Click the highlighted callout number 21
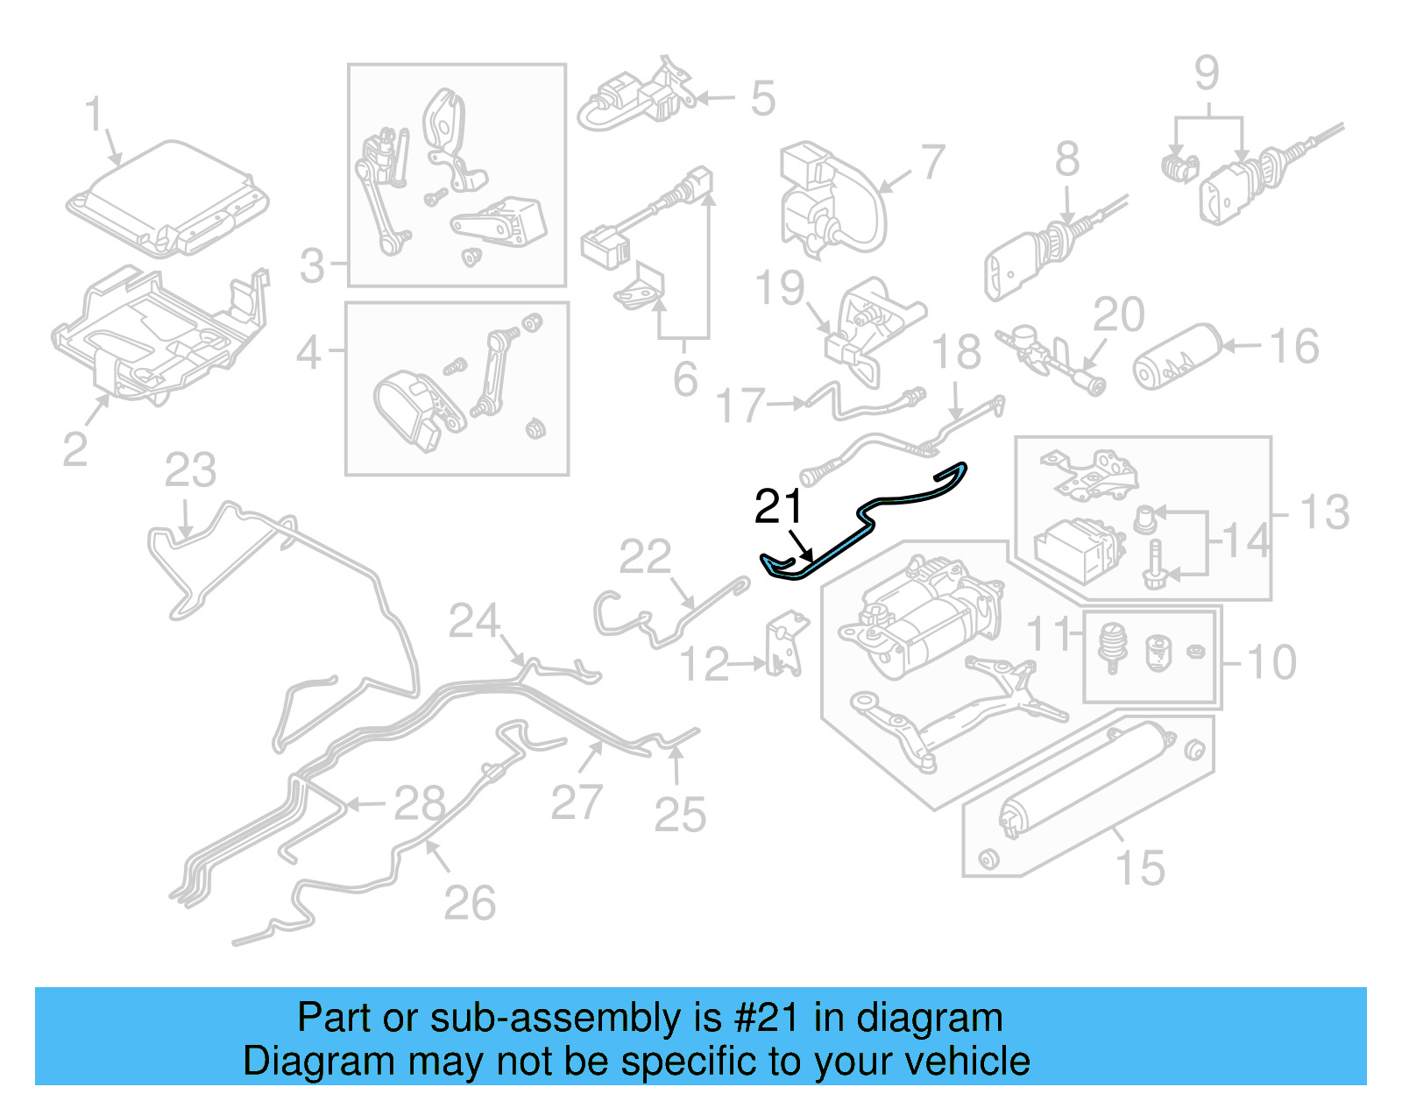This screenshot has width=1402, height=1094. [778, 507]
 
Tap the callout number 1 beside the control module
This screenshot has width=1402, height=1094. [94, 116]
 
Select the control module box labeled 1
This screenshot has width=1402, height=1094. [166, 199]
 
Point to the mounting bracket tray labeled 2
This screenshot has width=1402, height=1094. [158, 333]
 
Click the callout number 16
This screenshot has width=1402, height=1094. [1294, 347]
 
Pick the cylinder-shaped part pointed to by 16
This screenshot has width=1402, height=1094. [1177, 357]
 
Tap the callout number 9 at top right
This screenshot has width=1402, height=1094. [1207, 74]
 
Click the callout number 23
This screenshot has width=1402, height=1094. [190, 471]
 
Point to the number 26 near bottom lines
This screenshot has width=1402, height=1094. [470, 903]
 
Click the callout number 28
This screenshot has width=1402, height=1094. [420, 802]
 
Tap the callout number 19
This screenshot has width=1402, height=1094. [780, 288]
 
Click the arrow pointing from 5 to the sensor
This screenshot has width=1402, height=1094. [717, 98]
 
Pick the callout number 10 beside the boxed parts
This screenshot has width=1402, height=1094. [1271, 662]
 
